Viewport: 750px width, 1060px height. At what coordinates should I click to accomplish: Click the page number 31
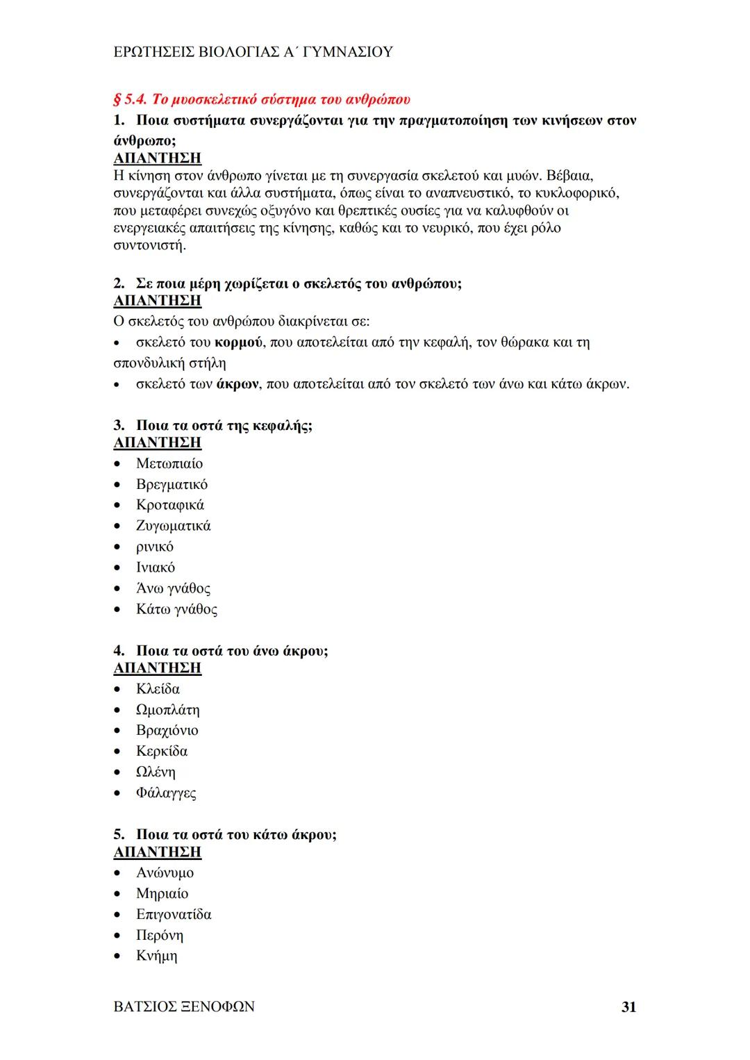click(628, 1007)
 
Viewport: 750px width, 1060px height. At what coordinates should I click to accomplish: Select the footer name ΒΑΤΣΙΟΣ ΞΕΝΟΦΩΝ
click(183, 1007)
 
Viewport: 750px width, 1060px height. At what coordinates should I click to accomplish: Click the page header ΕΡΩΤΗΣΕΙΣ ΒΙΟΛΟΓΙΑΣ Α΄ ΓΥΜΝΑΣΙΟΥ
click(253, 52)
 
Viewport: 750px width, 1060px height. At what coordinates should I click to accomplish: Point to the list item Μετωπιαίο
click(169, 463)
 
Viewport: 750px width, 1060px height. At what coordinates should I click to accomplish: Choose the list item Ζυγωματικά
click(173, 526)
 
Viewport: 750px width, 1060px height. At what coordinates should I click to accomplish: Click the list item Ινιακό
click(156, 568)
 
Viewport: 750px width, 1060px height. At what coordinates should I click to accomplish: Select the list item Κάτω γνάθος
click(176, 609)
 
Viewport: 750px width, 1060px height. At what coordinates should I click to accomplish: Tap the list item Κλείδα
click(158, 689)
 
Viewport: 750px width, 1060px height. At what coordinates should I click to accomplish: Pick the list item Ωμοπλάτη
click(167, 710)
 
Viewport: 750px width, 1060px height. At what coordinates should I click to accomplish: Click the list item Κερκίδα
click(162, 751)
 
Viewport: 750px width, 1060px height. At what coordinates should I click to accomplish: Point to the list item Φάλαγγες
click(166, 793)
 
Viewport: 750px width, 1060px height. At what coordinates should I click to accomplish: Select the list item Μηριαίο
click(162, 893)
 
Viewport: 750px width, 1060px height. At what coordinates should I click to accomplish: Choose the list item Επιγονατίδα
click(174, 914)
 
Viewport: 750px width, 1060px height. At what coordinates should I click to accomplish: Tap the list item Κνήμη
click(156, 956)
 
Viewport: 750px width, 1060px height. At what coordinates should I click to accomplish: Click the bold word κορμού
click(238, 342)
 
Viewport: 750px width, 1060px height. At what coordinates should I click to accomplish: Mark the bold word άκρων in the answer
click(237, 384)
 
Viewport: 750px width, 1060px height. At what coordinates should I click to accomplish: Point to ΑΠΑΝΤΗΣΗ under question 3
click(157, 442)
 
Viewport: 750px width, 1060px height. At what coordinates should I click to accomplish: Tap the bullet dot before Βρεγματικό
click(118, 485)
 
